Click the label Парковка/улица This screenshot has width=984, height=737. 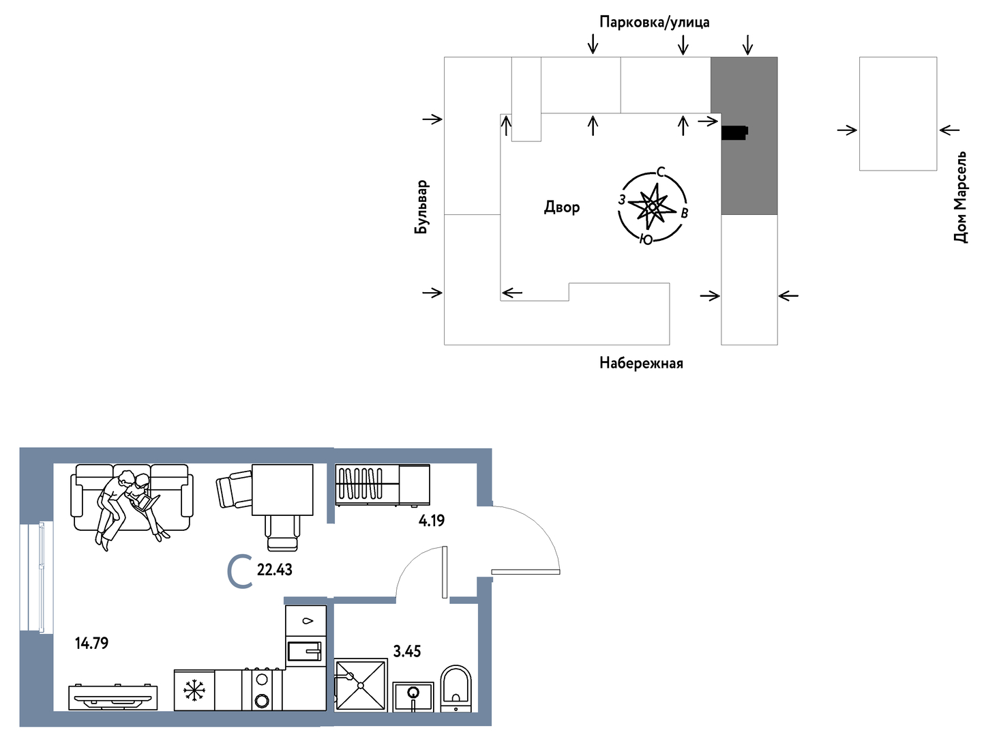point(654,22)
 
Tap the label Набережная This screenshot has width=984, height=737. point(641,363)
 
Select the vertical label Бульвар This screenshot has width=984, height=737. point(421,207)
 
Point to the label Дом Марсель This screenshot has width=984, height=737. point(960,197)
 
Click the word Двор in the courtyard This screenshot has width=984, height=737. point(562,207)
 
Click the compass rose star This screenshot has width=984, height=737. point(652,207)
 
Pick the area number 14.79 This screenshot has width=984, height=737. point(92,644)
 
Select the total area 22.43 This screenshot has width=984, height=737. point(274,569)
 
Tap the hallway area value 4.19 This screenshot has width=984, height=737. point(431,521)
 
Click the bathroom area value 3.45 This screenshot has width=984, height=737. point(407,651)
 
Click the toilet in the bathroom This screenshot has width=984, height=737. point(456,689)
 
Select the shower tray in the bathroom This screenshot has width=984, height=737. point(361,685)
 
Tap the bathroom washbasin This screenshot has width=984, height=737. point(413,697)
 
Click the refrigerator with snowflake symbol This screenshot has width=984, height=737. point(194,691)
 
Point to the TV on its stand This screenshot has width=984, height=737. point(113,697)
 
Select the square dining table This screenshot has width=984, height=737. point(282,490)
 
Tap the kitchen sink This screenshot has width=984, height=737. point(305,651)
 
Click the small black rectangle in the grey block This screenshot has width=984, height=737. point(734,133)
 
